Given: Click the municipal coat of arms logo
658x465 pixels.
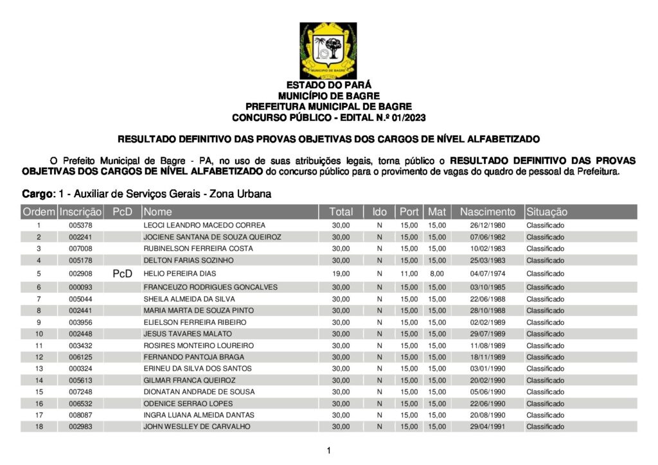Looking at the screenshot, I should pyautogui.click(x=328, y=51).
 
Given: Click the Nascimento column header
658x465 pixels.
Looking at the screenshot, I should pyautogui.click(x=488, y=212).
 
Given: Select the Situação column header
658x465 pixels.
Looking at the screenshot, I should pyautogui.click(x=547, y=212).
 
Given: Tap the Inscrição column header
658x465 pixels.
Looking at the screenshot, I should pyautogui.click(x=80, y=212).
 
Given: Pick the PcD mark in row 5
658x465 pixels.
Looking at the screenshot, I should pyautogui.click(x=122, y=274).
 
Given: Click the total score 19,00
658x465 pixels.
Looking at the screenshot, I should pyautogui.click(x=341, y=274).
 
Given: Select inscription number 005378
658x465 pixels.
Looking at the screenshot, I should pyautogui.click(x=80, y=225).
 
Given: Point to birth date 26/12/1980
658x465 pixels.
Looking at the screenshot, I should pyautogui.click(x=488, y=225).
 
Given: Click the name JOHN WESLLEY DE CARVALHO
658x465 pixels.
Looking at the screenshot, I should pyautogui.click(x=197, y=426).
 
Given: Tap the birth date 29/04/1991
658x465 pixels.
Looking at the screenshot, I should pyautogui.click(x=488, y=426).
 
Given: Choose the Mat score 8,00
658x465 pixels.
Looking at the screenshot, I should pyautogui.click(x=438, y=274).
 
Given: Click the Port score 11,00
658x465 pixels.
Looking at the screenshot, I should pyautogui.click(x=409, y=274).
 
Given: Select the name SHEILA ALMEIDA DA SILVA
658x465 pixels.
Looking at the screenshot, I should pyautogui.click(x=189, y=299).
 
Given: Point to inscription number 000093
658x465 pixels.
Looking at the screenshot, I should pyautogui.click(x=80, y=287).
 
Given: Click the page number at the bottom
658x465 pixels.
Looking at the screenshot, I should pyautogui.click(x=328, y=451).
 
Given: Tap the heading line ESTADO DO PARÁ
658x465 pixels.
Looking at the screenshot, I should pyautogui.click(x=328, y=85).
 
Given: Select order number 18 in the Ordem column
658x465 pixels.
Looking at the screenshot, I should pyautogui.click(x=39, y=426).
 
